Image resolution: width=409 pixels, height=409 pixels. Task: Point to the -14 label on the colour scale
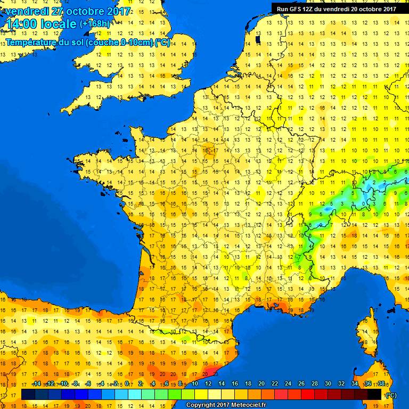[x=36, y=384]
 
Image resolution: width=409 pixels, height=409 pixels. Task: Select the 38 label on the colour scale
[x=381, y=384]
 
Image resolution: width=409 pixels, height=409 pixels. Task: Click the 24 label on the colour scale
[x=288, y=384]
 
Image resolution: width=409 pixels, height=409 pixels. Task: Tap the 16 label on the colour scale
[x=235, y=384]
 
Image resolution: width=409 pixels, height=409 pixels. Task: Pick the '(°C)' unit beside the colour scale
[x=391, y=395]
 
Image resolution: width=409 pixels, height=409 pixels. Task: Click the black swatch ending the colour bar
[x=374, y=395]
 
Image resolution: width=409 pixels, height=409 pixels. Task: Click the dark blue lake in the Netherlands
[x=258, y=39]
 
